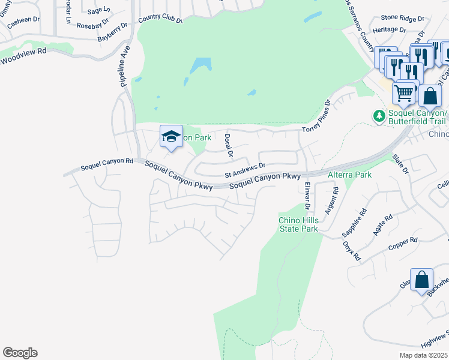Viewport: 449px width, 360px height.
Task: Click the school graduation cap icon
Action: click(171, 137)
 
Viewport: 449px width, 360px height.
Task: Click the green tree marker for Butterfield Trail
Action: click(379, 115)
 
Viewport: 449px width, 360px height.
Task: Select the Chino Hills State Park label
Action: click(298, 224)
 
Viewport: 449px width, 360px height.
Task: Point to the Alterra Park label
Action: click(350, 175)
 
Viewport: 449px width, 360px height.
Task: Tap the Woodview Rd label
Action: click(23, 59)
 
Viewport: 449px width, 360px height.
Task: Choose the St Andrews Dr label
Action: click(245, 171)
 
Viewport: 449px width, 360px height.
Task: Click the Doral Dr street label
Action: click(228, 146)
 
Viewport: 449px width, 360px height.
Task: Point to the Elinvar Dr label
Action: click(307, 196)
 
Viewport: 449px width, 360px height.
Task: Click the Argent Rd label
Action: click(331, 200)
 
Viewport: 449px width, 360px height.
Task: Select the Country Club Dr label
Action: click(160, 19)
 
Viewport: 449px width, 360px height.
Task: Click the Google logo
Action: click(20, 353)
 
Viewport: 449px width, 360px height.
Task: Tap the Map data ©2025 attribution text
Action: click(423, 355)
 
